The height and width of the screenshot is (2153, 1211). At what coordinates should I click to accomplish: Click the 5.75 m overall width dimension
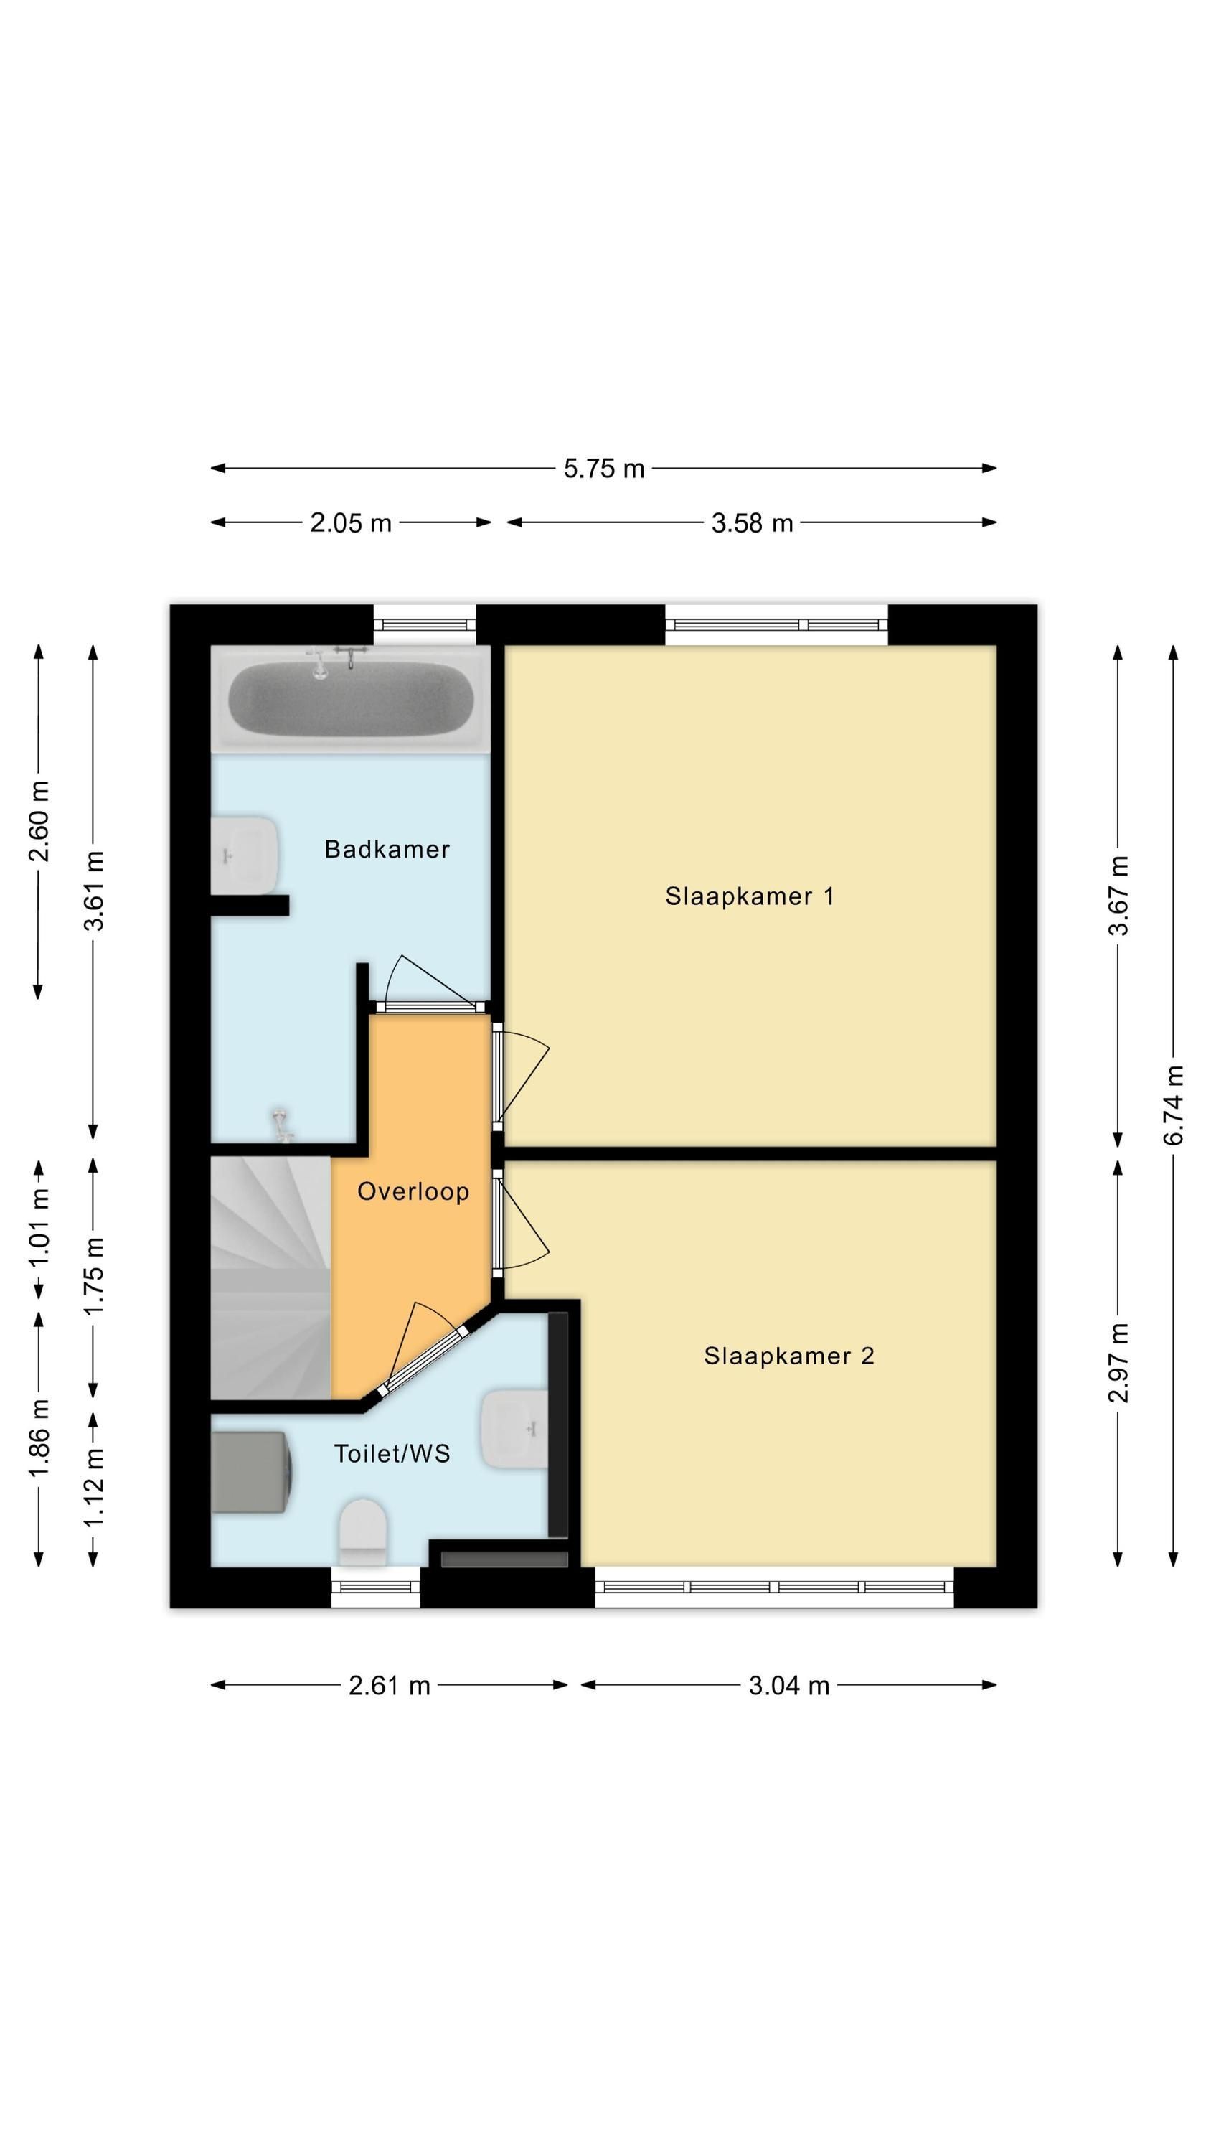pyautogui.click(x=603, y=468)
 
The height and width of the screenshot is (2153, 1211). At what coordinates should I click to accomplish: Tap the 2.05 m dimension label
pyautogui.click(x=350, y=522)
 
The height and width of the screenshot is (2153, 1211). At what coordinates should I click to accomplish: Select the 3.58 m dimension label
pyautogui.click(x=751, y=522)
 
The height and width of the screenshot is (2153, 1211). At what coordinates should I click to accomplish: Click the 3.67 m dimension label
pyautogui.click(x=1118, y=895)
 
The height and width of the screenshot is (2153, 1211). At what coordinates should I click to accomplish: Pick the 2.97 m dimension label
pyautogui.click(x=1118, y=1362)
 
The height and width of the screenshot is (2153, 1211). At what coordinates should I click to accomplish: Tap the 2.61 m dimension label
pyautogui.click(x=389, y=1685)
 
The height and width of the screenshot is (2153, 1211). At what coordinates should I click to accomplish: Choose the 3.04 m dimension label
pyautogui.click(x=789, y=1685)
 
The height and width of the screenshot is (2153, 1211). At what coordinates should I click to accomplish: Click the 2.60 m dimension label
pyautogui.click(x=39, y=821)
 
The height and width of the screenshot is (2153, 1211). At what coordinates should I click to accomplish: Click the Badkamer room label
pyautogui.click(x=387, y=849)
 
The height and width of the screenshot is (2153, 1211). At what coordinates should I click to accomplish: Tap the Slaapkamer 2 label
pyautogui.click(x=789, y=1356)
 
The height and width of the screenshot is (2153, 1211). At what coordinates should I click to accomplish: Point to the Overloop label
pyautogui.click(x=413, y=1191)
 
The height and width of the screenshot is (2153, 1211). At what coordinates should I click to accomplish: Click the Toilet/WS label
pyautogui.click(x=392, y=1453)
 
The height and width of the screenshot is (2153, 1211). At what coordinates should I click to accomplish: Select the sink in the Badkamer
pyautogui.click(x=244, y=855)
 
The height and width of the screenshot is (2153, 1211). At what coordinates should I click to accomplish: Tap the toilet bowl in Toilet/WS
pyautogui.click(x=363, y=1532)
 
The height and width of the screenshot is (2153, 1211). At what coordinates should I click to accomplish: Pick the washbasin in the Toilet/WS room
pyautogui.click(x=515, y=1428)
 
